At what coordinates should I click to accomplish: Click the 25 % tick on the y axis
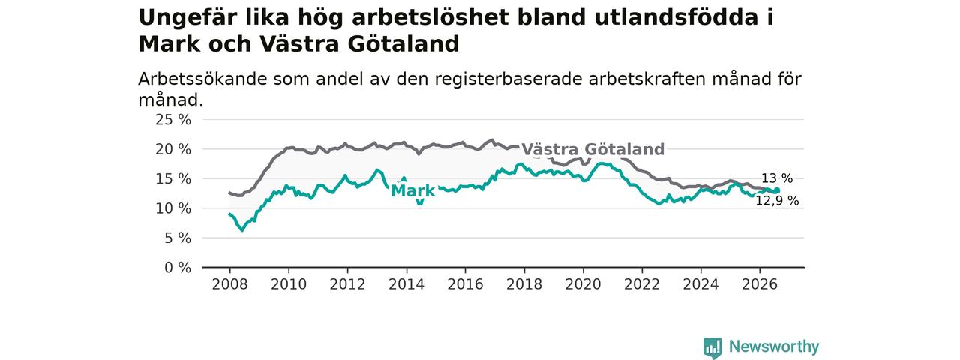tap(173, 120)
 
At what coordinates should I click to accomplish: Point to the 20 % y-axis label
tap(173, 149)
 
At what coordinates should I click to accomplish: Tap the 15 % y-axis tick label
tap(173, 179)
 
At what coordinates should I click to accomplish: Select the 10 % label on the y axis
tap(173, 208)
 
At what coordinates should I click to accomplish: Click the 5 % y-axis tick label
tap(178, 238)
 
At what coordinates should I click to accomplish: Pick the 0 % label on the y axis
tap(178, 268)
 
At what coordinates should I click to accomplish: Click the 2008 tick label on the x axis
tap(229, 284)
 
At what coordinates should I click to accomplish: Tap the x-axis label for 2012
tap(347, 284)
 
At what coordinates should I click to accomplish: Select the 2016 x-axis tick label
tap(466, 284)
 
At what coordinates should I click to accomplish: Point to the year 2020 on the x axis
tap(583, 284)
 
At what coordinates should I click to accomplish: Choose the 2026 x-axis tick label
tap(760, 284)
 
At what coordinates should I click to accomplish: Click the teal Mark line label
tap(413, 191)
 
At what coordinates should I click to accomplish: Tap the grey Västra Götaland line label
tap(593, 149)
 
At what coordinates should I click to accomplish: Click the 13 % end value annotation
tap(777, 178)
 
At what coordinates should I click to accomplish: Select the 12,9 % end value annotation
tap(777, 200)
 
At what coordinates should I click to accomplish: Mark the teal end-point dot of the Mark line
tap(776, 190)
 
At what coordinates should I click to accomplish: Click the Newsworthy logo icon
tap(712, 346)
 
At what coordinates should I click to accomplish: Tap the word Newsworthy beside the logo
tap(774, 346)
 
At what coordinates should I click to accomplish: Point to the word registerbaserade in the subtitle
tap(508, 79)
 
